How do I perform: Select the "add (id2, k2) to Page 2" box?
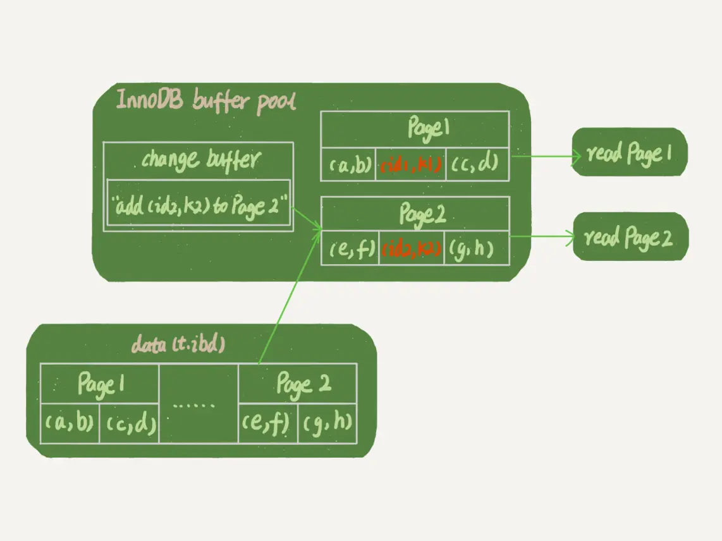(199, 204)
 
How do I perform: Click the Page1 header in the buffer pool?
(415, 130)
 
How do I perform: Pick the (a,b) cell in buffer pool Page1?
(348, 165)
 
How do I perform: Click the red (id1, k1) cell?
(410, 165)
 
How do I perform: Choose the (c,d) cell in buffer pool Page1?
(477, 165)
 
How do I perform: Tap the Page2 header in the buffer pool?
(415, 215)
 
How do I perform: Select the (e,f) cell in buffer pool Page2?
(350, 248)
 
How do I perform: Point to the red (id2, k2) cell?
(412, 248)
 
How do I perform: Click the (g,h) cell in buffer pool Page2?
(477, 248)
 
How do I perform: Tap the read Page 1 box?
(628, 153)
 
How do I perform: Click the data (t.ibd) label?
(178, 344)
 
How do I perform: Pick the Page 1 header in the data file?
(99, 384)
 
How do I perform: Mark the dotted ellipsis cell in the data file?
(198, 403)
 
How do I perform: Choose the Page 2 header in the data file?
(298, 384)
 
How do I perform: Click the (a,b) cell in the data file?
(70, 423)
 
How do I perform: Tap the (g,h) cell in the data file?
(326, 423)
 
